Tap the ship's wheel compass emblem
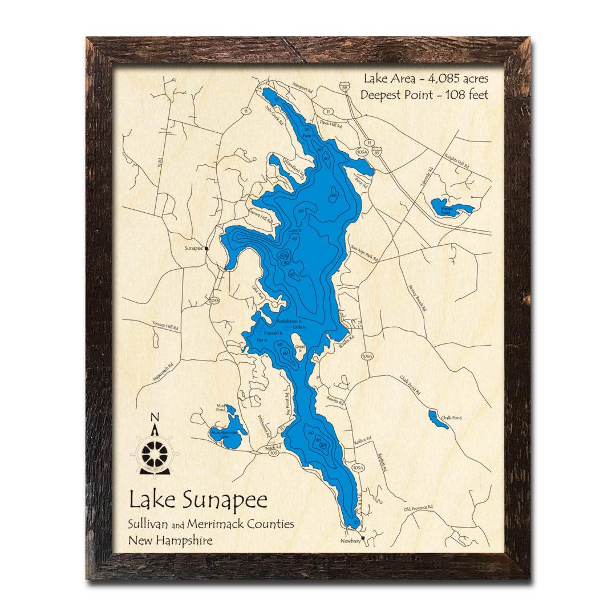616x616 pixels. [x=155, y=454]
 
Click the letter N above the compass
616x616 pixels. [x=155, y=417]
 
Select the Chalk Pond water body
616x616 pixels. [x=438, y=419]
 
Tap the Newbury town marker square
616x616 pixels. [x=363, y=537]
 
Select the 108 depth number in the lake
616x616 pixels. [x=284, y=257]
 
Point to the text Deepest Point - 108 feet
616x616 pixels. [x=424, y=95]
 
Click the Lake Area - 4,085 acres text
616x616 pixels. [x=424, y=78]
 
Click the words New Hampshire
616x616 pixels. [x=171, y=540]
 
